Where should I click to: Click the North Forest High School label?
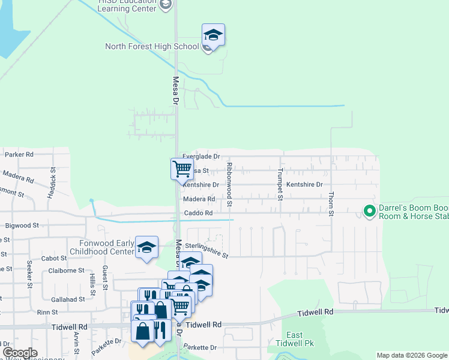tap(152, 46)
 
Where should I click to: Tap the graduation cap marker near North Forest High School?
tap(213, 35)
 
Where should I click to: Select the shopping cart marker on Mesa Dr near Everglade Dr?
tap(182, 169)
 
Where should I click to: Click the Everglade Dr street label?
tap(201, 156)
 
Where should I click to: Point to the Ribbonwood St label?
tap(229, 186)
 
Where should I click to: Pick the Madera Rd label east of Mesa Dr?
tap(199, 199)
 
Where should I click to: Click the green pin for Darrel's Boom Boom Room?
tap(369, 211)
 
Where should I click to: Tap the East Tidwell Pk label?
tap(294, 340)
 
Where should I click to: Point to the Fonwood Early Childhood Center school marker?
tap(146, 247)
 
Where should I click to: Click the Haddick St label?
tap(53, 179)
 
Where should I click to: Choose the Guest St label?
tap(104, 277)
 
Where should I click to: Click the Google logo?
tap(20, 353)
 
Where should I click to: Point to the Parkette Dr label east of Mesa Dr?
tap(200, 347)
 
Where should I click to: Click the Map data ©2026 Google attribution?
tap(411, 355)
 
